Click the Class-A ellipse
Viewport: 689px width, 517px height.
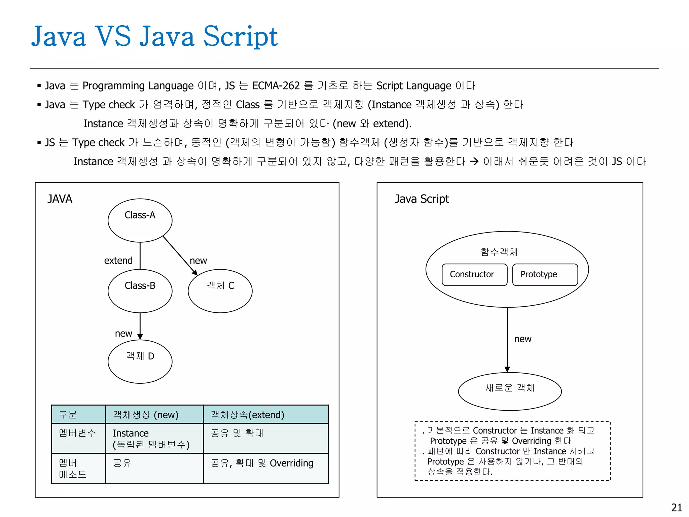click(140, 220)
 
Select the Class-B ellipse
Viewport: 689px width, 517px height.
click(140, 291)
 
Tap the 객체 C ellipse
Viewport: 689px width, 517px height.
click(220, 291)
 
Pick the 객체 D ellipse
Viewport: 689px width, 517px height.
click(140, 361)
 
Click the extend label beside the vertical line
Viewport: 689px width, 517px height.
click(118, 261)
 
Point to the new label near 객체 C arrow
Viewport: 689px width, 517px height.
click(198, 261)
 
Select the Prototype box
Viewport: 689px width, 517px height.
click(545, 275)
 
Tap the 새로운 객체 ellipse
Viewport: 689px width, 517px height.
click(510, 391)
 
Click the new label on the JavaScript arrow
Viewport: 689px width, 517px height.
click(522, 339)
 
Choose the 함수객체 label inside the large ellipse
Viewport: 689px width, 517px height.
click(499, 252)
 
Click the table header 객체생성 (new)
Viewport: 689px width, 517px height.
click(145, 415)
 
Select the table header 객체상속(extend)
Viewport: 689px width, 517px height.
click(247, 415)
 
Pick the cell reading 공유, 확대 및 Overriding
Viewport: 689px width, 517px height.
click(262, 463)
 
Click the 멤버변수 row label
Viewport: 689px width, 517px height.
click(77, 433)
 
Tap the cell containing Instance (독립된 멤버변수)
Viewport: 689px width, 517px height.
click(151, 439)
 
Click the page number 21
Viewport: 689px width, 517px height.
click(677, 508)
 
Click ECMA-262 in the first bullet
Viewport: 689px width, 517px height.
click(276, 86)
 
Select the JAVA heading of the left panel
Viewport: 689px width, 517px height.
click(60, 199)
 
